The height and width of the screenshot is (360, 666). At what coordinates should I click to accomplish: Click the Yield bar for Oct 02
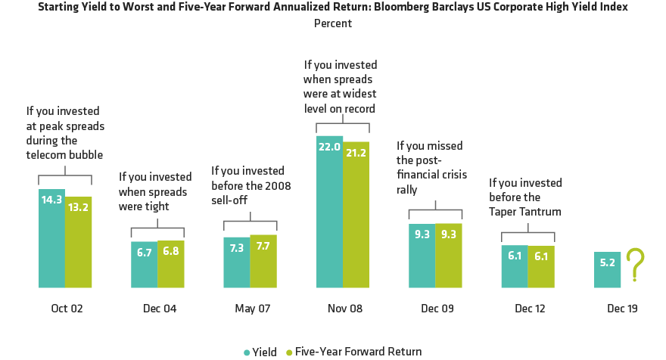tap(51, 238)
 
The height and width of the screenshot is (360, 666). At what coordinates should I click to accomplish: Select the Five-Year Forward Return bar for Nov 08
tap(356, 216)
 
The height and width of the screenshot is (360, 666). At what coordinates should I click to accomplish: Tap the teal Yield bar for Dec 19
tap(607, 270)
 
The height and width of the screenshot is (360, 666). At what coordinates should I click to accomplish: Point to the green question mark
tap(636, 267)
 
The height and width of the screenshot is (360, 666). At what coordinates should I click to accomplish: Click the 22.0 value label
tap(329, 150)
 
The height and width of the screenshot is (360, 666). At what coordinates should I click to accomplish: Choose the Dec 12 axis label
tap(528, 309)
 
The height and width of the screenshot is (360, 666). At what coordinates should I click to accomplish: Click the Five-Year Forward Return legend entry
tap(355, 352)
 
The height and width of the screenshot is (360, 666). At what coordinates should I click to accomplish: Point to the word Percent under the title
tap(333, 23)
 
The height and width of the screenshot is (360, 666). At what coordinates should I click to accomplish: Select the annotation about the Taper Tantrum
tap(525, 197)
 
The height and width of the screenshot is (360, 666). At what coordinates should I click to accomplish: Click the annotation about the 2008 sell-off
tap(251, 185)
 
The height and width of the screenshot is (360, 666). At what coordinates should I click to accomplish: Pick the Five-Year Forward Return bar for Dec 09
tap(448, 256)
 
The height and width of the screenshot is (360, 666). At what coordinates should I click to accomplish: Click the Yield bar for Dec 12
tap(514, 266)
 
